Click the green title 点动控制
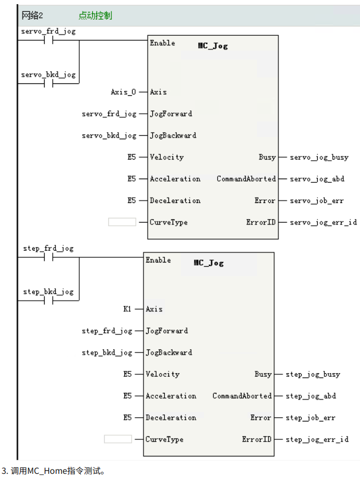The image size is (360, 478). [95, 15]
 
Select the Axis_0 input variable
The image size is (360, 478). [123, 92]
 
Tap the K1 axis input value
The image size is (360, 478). [127, 309]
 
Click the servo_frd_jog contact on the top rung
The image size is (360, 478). [49, 40]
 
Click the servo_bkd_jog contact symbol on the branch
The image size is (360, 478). [49, 84]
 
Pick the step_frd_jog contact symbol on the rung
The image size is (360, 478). [49, 258]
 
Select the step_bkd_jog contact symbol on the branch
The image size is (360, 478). [49, 301]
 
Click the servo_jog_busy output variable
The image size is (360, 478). [318, 157]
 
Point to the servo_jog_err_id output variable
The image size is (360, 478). [323, 223]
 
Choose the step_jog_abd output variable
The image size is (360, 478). [311, 396]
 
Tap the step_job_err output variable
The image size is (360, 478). [310, 418]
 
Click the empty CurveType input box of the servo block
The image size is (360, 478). [123, 222]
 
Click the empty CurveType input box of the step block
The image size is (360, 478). [118, 439]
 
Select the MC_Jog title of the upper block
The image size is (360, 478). [212, 46]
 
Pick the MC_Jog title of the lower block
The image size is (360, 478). [208, 263]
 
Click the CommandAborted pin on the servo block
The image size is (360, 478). [246, 179]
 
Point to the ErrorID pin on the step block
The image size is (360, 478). [256, 439]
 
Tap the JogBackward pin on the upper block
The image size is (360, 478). [173, 136]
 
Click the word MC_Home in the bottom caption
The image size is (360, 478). [47, 470]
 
